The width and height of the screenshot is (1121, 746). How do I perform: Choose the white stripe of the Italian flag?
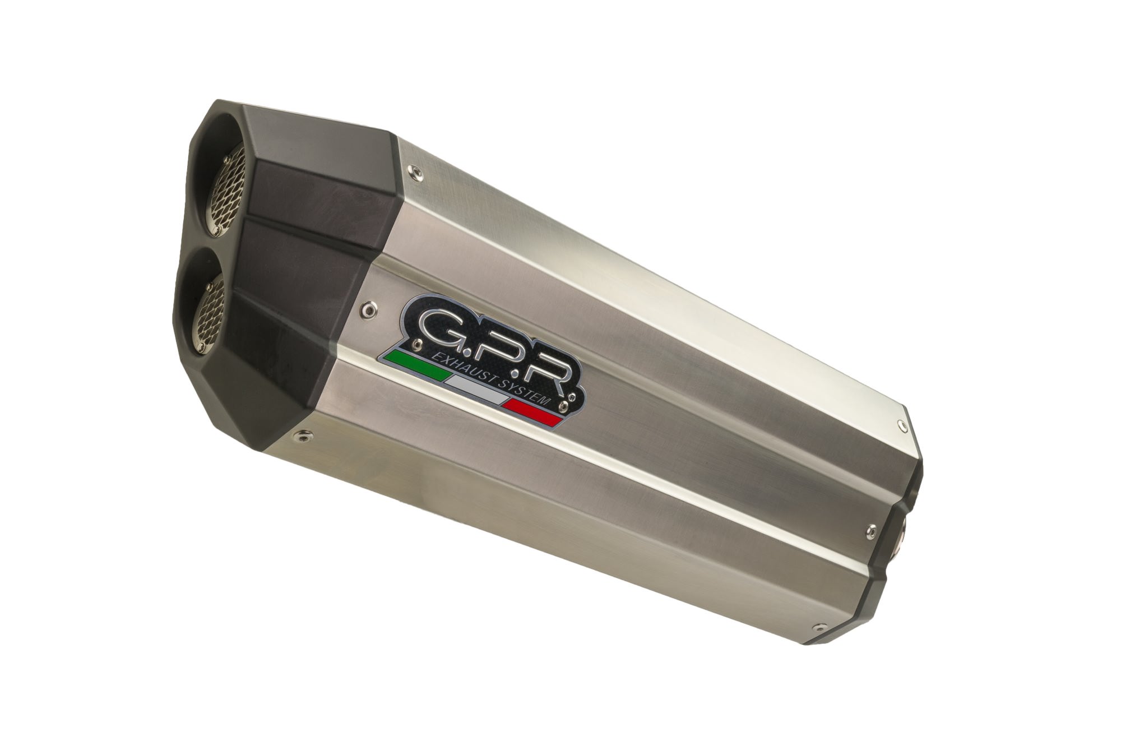point(474,390)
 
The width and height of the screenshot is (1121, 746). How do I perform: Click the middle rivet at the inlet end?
point(871,530)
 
